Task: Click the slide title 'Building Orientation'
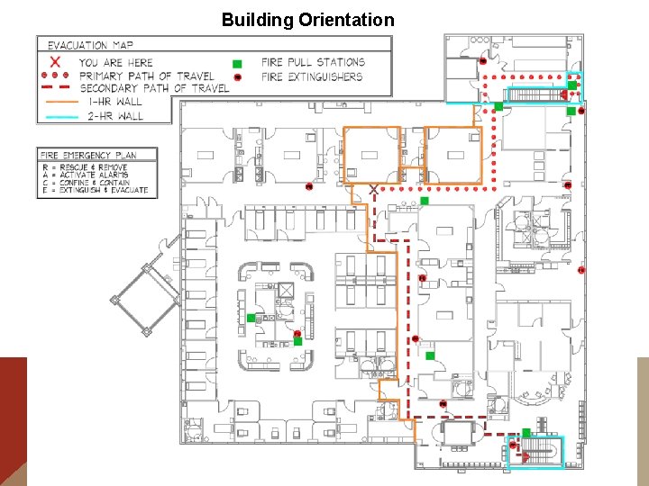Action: click(x=307, y=20)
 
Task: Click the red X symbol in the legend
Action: click(x=56, y=62)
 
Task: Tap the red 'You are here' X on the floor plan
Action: click(x=373, y=190)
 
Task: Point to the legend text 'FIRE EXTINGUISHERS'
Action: click(x=312, y=76)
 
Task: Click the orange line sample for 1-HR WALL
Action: click(x=56, y=102)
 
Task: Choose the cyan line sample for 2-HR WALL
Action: click(x=56, y=115)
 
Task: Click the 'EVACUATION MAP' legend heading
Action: click(x=90, y=45)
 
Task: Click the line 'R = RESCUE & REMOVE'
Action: click(x=87, y=167)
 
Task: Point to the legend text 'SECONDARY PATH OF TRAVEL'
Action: click(x=154, y=88)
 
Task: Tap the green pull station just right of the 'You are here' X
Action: click(x=424, y=201)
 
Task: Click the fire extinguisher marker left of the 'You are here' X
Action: click(x=308, y=187)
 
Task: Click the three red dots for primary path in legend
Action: click(x=56, y=76)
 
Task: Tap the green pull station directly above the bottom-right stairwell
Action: click(x=526, y=433)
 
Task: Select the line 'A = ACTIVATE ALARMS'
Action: click(x=87, y=175)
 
